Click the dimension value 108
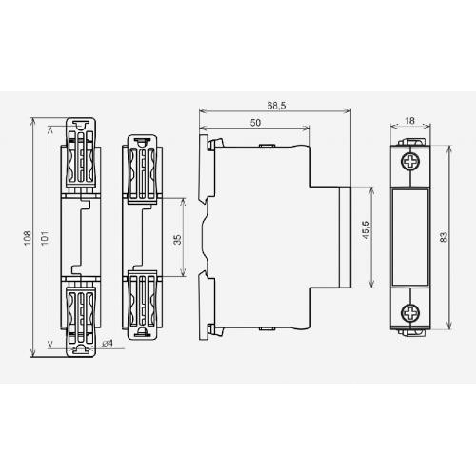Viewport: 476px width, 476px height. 28,237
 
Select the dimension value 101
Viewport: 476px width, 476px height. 45,237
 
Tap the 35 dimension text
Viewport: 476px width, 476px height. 178,239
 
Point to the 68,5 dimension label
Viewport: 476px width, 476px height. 276,106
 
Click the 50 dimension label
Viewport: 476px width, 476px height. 255,123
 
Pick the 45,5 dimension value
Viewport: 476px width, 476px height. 367,229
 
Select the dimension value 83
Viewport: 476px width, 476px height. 444,237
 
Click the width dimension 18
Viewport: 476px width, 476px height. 409,121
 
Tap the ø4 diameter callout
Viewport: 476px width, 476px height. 108,343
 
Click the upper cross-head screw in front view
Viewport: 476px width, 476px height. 410,162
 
